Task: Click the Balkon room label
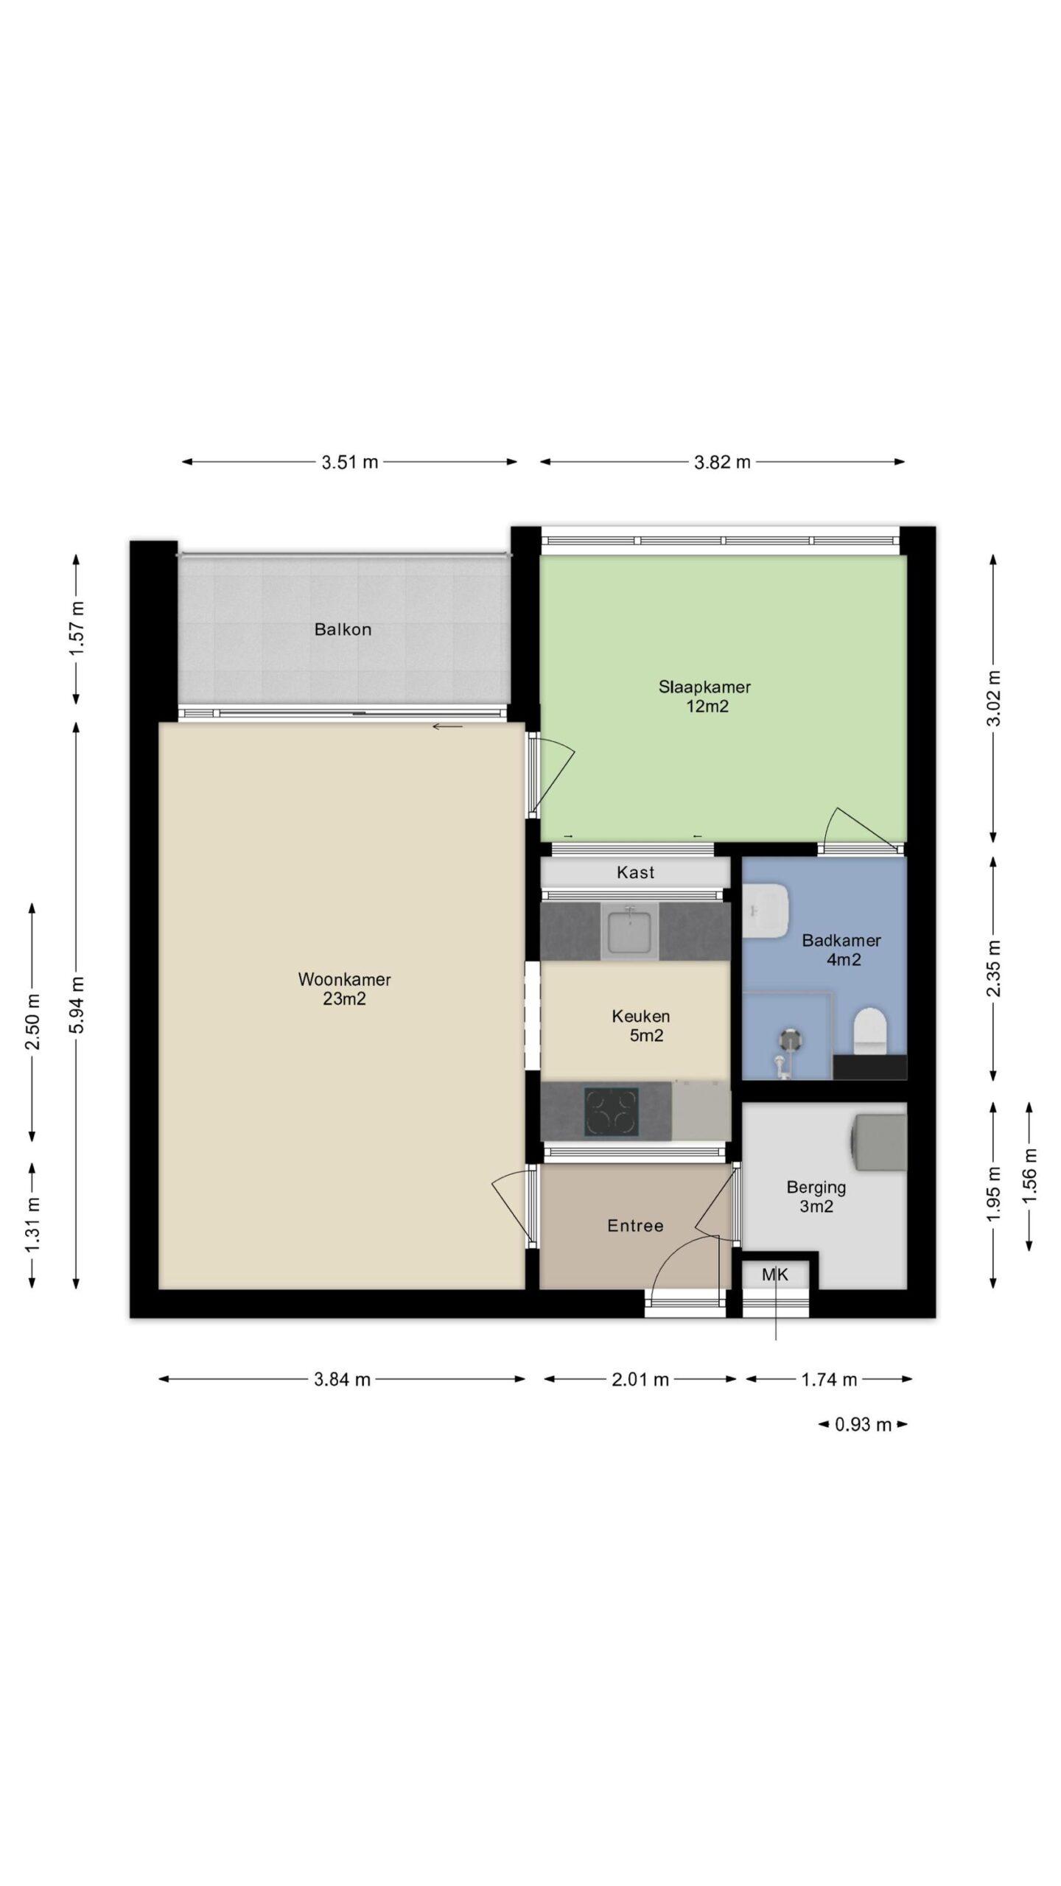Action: (x=343, y=630)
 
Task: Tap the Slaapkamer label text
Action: (x=704, y=687)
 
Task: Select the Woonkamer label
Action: (x=344, y=979)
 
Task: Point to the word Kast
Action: (x=635, y=872)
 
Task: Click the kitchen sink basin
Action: (x=630, y=931)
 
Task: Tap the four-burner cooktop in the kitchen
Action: (x=611, y=1111)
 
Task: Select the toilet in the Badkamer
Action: (x=869, y=1030)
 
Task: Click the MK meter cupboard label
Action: (x=774, y=1275)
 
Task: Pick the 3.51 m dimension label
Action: (x=349, y=462)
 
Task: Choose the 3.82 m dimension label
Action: (x=722, y=462)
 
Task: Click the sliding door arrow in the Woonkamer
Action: (x=447, y=728)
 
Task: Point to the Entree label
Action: (x=635, y=1225)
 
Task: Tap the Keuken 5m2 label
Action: (x=640, y=1026)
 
